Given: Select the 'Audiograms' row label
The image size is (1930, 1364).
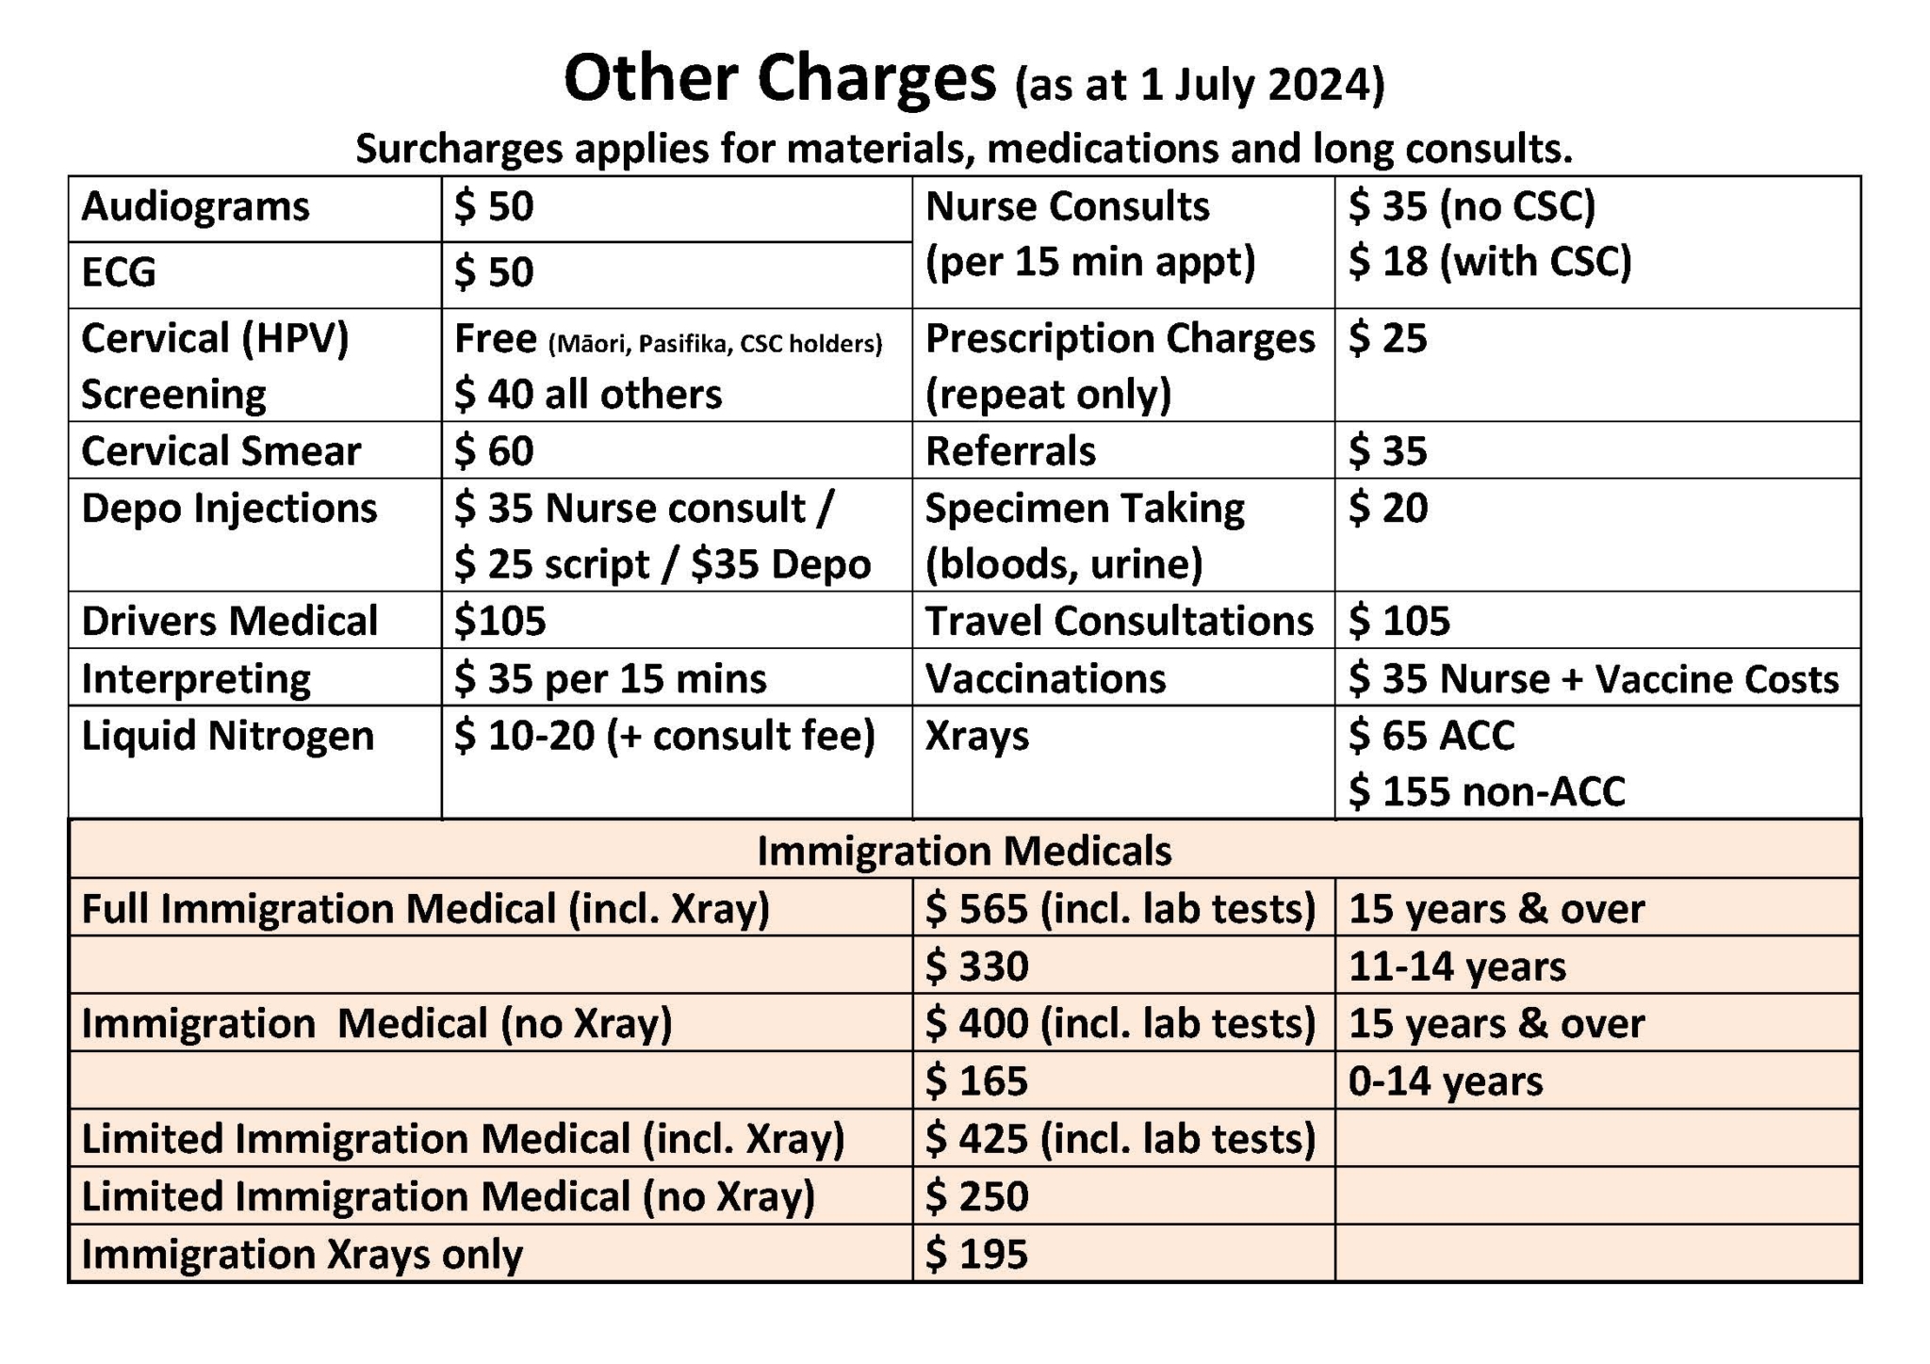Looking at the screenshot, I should [195, 206].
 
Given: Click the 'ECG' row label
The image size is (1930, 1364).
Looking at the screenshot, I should [119, 272].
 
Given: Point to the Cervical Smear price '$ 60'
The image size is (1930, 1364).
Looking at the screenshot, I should [494, 450].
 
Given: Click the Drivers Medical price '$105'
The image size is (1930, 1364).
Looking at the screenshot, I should [499, 621].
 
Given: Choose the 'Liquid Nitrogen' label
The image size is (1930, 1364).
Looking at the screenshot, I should [227, 736].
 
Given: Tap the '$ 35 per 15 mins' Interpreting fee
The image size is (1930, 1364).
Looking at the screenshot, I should [610, 678].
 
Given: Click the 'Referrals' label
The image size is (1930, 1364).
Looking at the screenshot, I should [1010, 450].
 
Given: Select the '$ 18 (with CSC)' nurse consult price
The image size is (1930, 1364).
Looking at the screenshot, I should [1489, 262].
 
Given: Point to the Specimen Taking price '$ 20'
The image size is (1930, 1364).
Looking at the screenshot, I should [1387, 508].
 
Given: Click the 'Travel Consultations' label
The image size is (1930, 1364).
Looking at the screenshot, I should [1119, 621].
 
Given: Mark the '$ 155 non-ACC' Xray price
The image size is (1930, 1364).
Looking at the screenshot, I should [1486, 791].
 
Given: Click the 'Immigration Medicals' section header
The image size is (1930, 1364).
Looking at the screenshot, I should [964, 851].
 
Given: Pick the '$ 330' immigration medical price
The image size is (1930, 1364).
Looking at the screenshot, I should [976, 966].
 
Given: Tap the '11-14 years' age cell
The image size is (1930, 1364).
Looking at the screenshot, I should [1457, 966].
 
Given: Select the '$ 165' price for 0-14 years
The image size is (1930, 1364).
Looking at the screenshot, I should [976, 1081].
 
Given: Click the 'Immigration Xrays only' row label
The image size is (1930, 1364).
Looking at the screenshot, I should [302, 1255].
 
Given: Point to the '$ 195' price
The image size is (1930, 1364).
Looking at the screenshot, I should [976, 1255].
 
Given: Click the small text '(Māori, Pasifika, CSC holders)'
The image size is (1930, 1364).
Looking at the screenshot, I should [715, 344].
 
